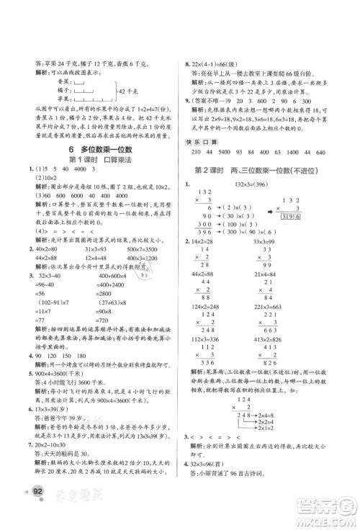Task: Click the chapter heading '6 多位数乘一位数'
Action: (x=91, y=160)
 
